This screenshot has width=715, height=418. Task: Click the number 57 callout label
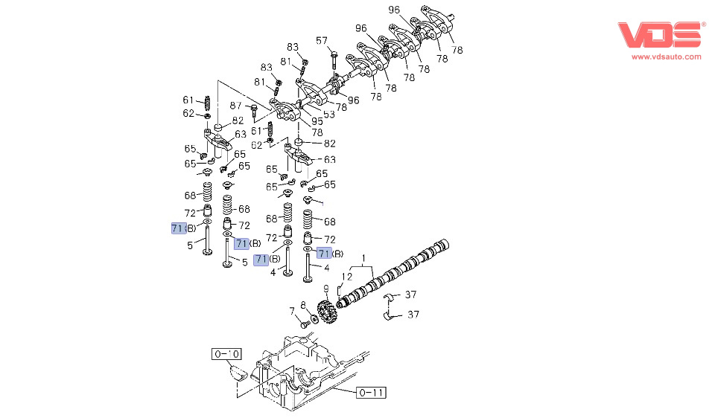[322, 40]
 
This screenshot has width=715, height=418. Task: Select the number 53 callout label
[328, 115]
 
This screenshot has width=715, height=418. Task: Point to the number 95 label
[317, 120]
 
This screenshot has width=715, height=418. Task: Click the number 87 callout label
[235, 106]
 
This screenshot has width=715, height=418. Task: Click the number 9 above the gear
[325, 289]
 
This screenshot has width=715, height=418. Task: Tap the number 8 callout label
[303, 305]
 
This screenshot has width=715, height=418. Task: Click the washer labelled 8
[314, 318]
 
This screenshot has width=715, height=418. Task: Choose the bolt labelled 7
[304, 324]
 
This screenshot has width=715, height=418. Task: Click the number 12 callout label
[347, 277]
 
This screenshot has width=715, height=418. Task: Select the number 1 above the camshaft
[364, 260]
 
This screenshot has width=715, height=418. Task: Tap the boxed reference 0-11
[372, 392]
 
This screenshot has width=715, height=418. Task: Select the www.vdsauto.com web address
[667, 57]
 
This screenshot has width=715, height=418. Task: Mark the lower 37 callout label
[413, 315]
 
